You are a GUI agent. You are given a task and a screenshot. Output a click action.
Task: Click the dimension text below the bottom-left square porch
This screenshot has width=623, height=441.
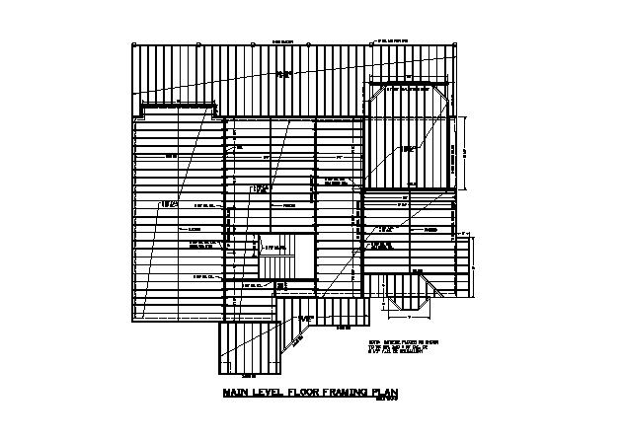coord(248,375)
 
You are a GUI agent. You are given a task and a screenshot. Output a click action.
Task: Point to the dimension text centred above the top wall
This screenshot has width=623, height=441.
coord(283,41)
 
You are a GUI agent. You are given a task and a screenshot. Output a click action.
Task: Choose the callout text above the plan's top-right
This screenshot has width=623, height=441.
coord(392,40)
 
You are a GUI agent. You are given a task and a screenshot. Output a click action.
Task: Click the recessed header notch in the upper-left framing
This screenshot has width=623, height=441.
coord(178,106)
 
